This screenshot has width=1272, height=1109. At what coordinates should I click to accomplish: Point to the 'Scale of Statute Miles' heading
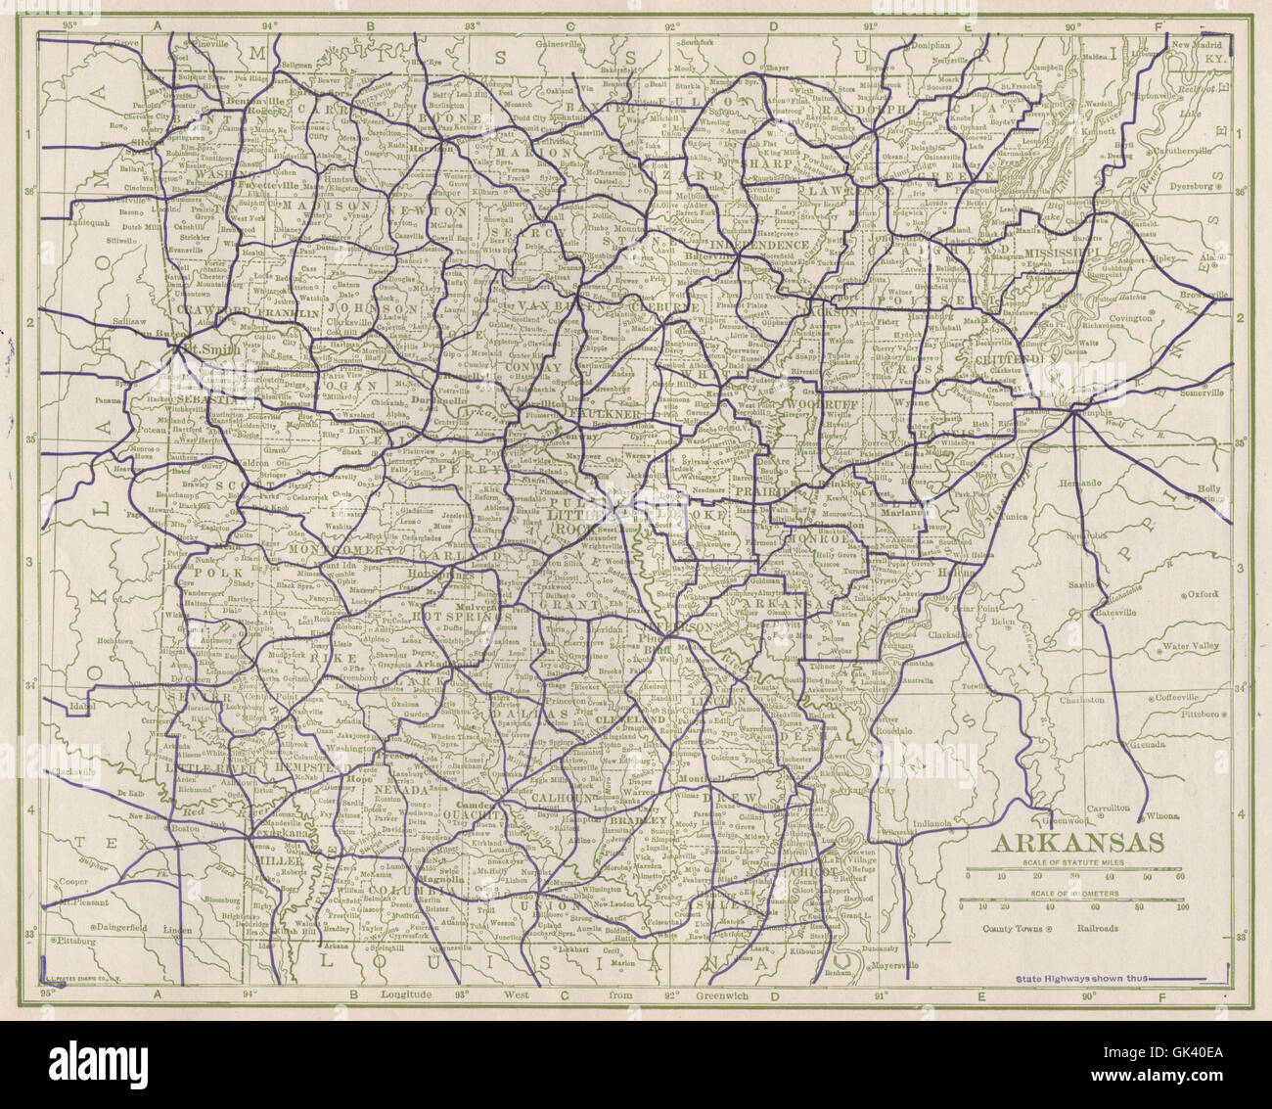tap(1071, 862)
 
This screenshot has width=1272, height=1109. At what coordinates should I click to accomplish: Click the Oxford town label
tap(1204, 594)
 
